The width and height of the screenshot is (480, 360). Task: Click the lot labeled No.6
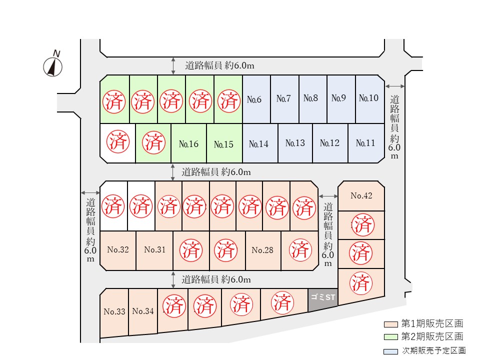click(x=256, y=99)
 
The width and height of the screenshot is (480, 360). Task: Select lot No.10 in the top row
click(x=370, y=99)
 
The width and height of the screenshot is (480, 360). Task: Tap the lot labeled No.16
click(x=188, y=143)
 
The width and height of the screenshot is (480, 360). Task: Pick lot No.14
click(x=260, y=143)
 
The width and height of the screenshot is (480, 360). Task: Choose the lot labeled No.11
click(x=366, y=143)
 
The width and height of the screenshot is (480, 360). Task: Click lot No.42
click(x=361, y=196)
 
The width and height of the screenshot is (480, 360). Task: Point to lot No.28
click(x=263, y=250)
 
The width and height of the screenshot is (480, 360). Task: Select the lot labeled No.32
click(x=118, y=250)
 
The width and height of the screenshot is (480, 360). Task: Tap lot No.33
click(x=114, y=312)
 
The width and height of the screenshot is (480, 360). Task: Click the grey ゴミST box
click(x=322, y=299)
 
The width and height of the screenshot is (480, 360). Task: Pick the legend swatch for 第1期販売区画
click(x=391, y=324)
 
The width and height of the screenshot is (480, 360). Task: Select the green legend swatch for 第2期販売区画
click(x=391, y=337)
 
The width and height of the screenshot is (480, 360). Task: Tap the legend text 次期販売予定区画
click(x=434, y=350)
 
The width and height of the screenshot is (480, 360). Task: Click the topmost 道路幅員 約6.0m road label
click(x=219, y=65)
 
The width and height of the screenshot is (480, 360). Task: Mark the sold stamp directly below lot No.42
click(x=362, y=224)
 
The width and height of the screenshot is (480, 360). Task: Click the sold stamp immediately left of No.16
click(x=153, y=142)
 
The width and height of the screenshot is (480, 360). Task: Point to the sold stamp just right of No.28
click(x=300, y=250)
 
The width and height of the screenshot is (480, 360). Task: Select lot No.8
click(x=310, y=98)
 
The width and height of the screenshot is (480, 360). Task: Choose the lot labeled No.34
click(x=143, y=311)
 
